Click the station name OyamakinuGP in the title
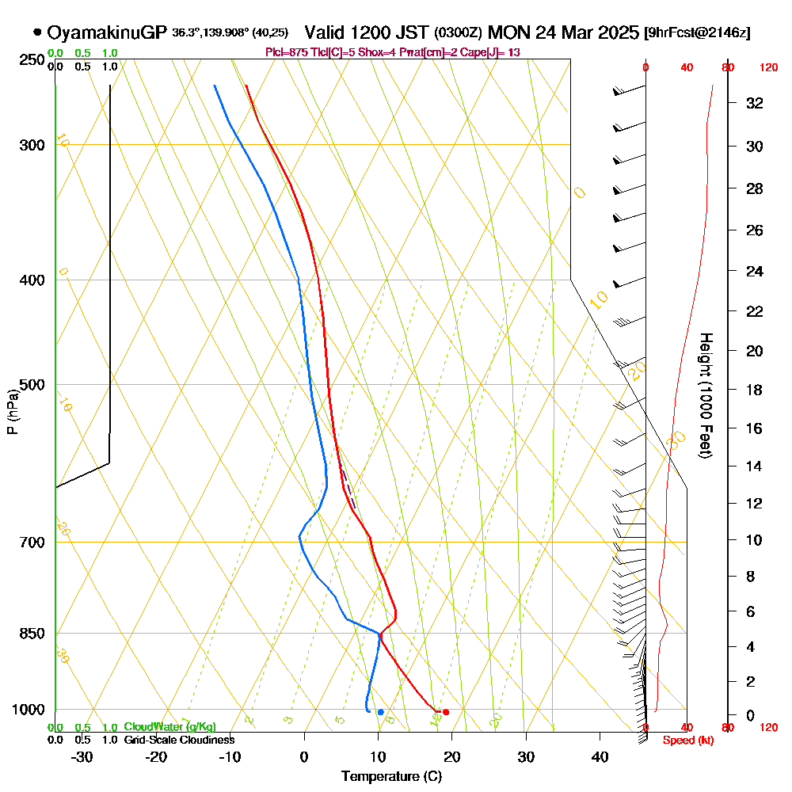(107, 32)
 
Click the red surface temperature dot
(446, 712)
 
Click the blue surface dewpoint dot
(380, 712)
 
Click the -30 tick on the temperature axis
(82, 756)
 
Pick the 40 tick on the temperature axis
(600, 756)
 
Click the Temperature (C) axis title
(391, 776)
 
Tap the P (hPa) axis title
(12, 412)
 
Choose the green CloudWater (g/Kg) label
(169, 727)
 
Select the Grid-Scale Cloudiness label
(179, 740)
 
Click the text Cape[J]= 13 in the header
(492, 52)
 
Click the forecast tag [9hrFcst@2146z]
(698, 33)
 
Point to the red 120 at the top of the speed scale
(767, 68)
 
